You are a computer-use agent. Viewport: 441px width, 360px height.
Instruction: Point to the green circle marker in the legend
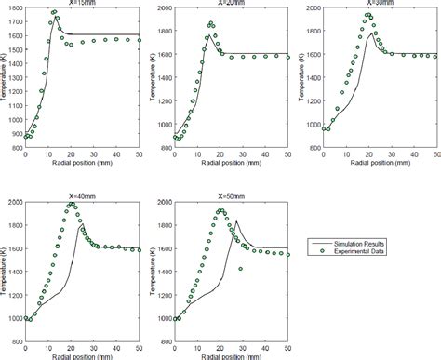(319, 251)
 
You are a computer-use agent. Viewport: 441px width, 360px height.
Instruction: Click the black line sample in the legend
(319, 244)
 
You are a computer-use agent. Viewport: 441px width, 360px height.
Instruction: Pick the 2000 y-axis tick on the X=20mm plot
(163, 7)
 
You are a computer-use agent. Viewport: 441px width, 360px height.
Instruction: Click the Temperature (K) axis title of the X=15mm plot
(5, 81)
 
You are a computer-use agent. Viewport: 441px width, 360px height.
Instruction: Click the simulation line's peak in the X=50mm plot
(236, 221)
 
